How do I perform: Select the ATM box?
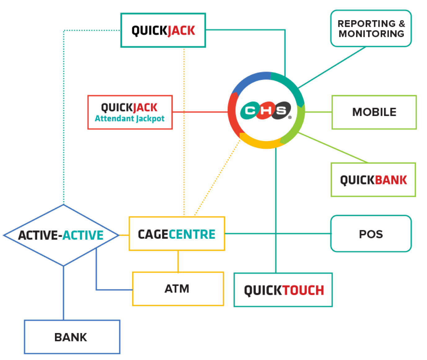178,289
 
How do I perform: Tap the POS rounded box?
371,233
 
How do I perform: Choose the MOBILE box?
374,112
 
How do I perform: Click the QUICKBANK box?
373,180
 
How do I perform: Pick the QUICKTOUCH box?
283,290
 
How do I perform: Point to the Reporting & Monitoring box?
371,28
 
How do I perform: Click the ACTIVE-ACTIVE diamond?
61,235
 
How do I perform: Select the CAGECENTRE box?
177,233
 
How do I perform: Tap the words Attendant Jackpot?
129,119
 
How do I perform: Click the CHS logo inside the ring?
266,110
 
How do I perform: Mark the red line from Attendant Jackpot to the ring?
200,112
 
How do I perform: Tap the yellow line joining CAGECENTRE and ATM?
178,261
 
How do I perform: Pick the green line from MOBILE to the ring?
318,112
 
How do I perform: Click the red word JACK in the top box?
181,31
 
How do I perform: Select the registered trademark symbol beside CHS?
290,117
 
